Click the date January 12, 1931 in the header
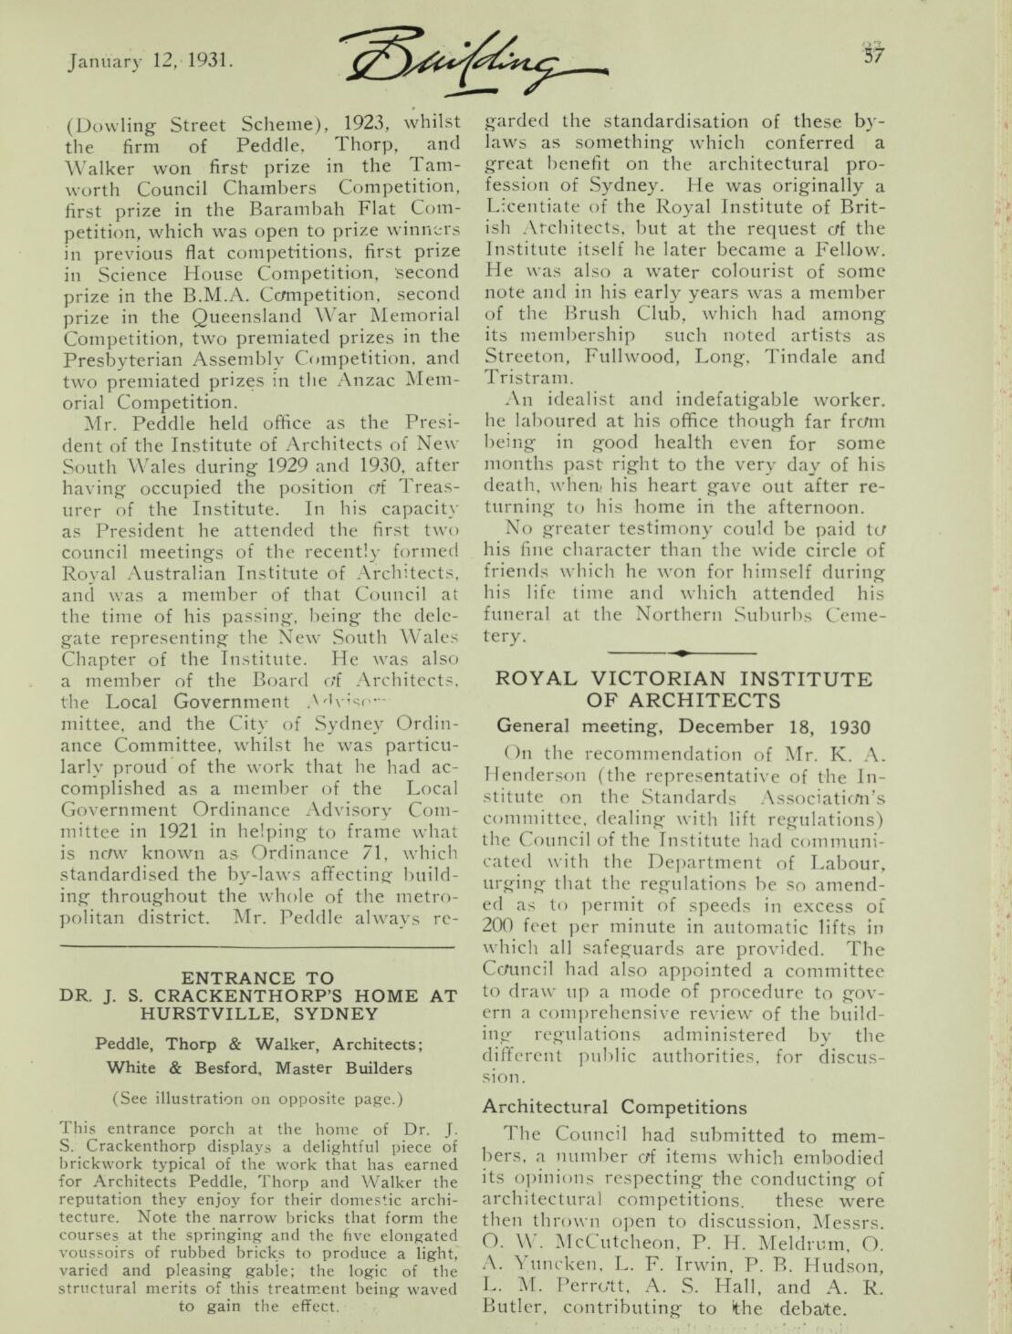click(151, 62)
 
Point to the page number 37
click(874, 54)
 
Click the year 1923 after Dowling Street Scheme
click(369, 122)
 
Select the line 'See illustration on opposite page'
click(257, 1099)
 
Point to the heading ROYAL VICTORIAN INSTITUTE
click(683, 679)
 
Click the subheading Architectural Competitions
click(614, 1107)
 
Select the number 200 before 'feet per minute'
click(499, 927)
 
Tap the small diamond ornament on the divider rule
click(682, 652)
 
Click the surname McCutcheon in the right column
click(604, 1243)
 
